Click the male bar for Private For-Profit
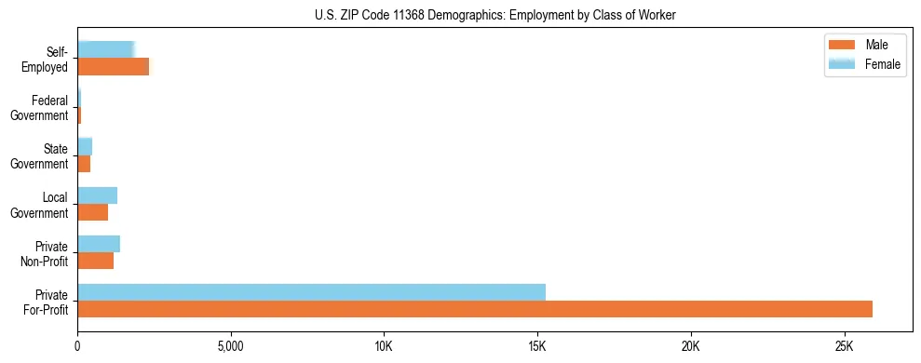tap(475, 309)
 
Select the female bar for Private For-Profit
tap(311, 292)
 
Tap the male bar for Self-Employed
tap(113, 67)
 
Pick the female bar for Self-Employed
tap(106, 50)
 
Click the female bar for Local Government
tap(97, 195)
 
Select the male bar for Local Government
tap(92, 212)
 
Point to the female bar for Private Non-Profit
tap(99, 244)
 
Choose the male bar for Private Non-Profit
tap(95, 261)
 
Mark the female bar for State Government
tap(85, 147)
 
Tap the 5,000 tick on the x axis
tap(230, 345)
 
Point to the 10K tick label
tap(384, 345)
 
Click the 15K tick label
tap(537, 345)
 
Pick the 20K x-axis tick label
tap(690, 345)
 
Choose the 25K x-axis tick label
tap(844, 345)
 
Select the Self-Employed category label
tap(45, 60)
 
